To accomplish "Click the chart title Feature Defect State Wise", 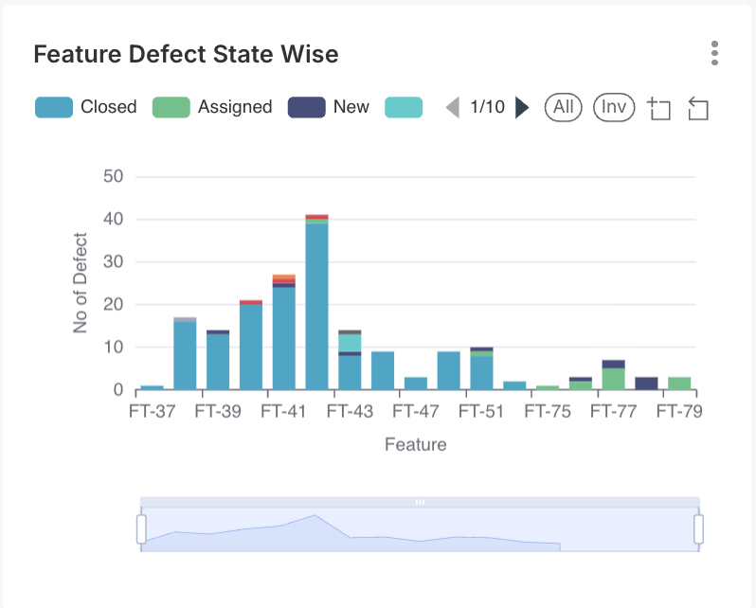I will pyautogui.click(x=186, y=54).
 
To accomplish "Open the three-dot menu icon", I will pyautogui.click(x=714, y=53).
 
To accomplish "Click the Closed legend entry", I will pyautogui.click(x=86, y=107).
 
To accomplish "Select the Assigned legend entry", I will pyautogui.click(x=212, y=107).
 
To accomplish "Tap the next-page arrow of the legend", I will pyautogui.click(x=522, y=107).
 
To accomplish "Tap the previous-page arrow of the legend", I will pyautogui.click(x=453, y=107).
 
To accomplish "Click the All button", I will pyautogui.click(x=564, y=107).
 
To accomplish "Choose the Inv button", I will pyautogui.click(x=614, y=107).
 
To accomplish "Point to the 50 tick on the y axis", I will pyautogui.click(x=113, y=176).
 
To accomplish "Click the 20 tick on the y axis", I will pyautogui.click(x=113, y=305).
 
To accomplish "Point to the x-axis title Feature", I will pyautogui.click(x=415, y=443).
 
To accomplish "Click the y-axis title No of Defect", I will pyautogui.click(x=81, y=282).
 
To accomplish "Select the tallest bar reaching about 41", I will pyautogui.click(x=316, y=303).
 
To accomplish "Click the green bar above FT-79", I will pyautogui.click(x=679, y=384).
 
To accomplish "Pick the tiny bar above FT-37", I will pyautogui.click(x=152, y=387).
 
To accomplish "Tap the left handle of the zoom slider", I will pyautogui.click(x=142, y=528).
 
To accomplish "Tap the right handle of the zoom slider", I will pyautogui.click(x=699, y=528).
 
